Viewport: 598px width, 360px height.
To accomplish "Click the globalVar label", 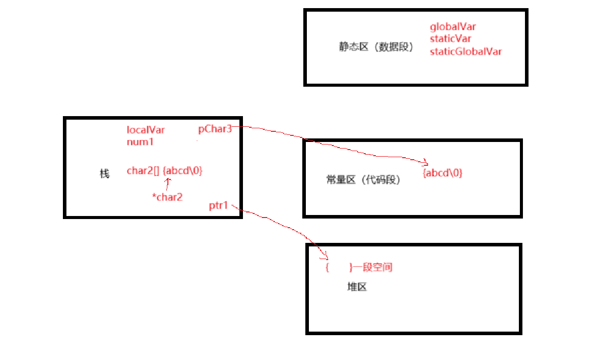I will point(452,26).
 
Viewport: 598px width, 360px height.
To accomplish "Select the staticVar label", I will point(450,39).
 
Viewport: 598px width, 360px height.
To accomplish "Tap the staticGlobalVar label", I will point(466,51).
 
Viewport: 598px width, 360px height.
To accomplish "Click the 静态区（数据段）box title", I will point(376,47).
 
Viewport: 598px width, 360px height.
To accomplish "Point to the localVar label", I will point(146,130).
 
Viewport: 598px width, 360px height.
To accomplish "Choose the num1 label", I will point(140,142).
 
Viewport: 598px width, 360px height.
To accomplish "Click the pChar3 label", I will point(215,129).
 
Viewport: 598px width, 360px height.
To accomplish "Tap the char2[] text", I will point(143,171).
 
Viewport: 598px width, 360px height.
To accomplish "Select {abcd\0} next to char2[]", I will point(183,171).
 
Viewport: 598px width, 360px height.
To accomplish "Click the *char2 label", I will point(167,197).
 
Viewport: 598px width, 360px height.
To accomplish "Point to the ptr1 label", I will point(219,206).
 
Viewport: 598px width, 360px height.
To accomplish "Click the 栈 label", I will point(104,174).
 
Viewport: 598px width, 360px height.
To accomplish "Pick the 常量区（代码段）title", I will point(363,180).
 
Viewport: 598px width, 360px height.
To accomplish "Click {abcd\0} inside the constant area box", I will point(442,173).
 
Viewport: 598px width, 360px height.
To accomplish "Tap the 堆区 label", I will point(357,287).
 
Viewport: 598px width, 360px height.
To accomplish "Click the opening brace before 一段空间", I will point(327,267).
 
